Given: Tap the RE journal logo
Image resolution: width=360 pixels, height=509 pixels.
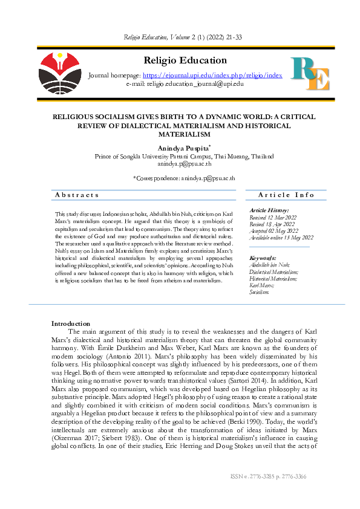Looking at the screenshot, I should [x=310, y=74].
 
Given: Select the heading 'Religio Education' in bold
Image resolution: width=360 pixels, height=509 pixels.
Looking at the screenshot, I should [x=185, y=60].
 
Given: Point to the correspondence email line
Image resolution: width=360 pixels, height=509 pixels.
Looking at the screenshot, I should [x=183, y=178].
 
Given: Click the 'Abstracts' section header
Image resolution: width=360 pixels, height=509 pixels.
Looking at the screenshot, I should [x=77, y=195].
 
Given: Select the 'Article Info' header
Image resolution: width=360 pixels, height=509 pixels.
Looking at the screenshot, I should [x=286, y=195].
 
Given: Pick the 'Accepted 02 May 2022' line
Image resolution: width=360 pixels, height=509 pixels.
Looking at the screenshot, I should [x=275, y=230].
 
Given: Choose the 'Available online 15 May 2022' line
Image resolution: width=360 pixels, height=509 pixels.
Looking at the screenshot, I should [x=281, y=238].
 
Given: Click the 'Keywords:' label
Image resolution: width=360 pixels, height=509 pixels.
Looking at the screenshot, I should [x=264, y=258].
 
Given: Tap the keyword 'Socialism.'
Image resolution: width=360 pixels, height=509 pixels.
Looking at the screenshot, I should [x=259, y=291].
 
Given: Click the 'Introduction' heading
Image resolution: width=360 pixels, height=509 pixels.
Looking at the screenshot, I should [x=70, y=324].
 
